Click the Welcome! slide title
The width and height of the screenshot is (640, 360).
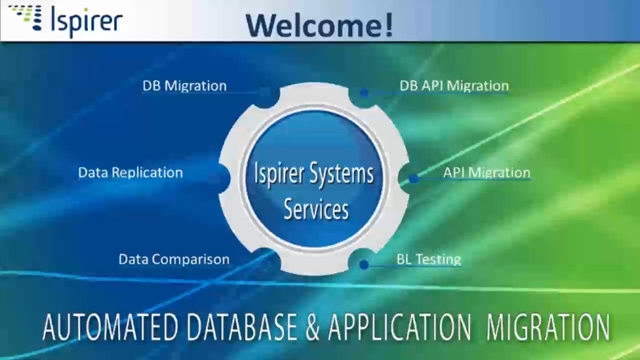tap(319, 24)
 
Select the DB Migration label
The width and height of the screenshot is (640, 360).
tap(184, 86)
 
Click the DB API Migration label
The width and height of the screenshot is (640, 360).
tap(454, 86)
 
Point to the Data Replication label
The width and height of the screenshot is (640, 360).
tap(130, 172)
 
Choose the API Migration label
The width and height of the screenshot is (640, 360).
tap(486, 172)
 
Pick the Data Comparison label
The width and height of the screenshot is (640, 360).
tap(174, 259)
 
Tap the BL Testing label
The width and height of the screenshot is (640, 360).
tap(429, 259)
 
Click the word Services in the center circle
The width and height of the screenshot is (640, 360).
tap(316, 209)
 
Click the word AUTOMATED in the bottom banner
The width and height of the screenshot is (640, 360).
tap(108, 327)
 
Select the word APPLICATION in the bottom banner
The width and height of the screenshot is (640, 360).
tap(399, 327)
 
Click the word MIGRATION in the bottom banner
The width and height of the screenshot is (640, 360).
tap(548, 327)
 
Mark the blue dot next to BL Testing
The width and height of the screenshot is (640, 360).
tap(364, 265)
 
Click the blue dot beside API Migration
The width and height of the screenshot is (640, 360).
tap(413, 178)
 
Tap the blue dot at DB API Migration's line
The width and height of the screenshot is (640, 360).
tap(364, 92)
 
